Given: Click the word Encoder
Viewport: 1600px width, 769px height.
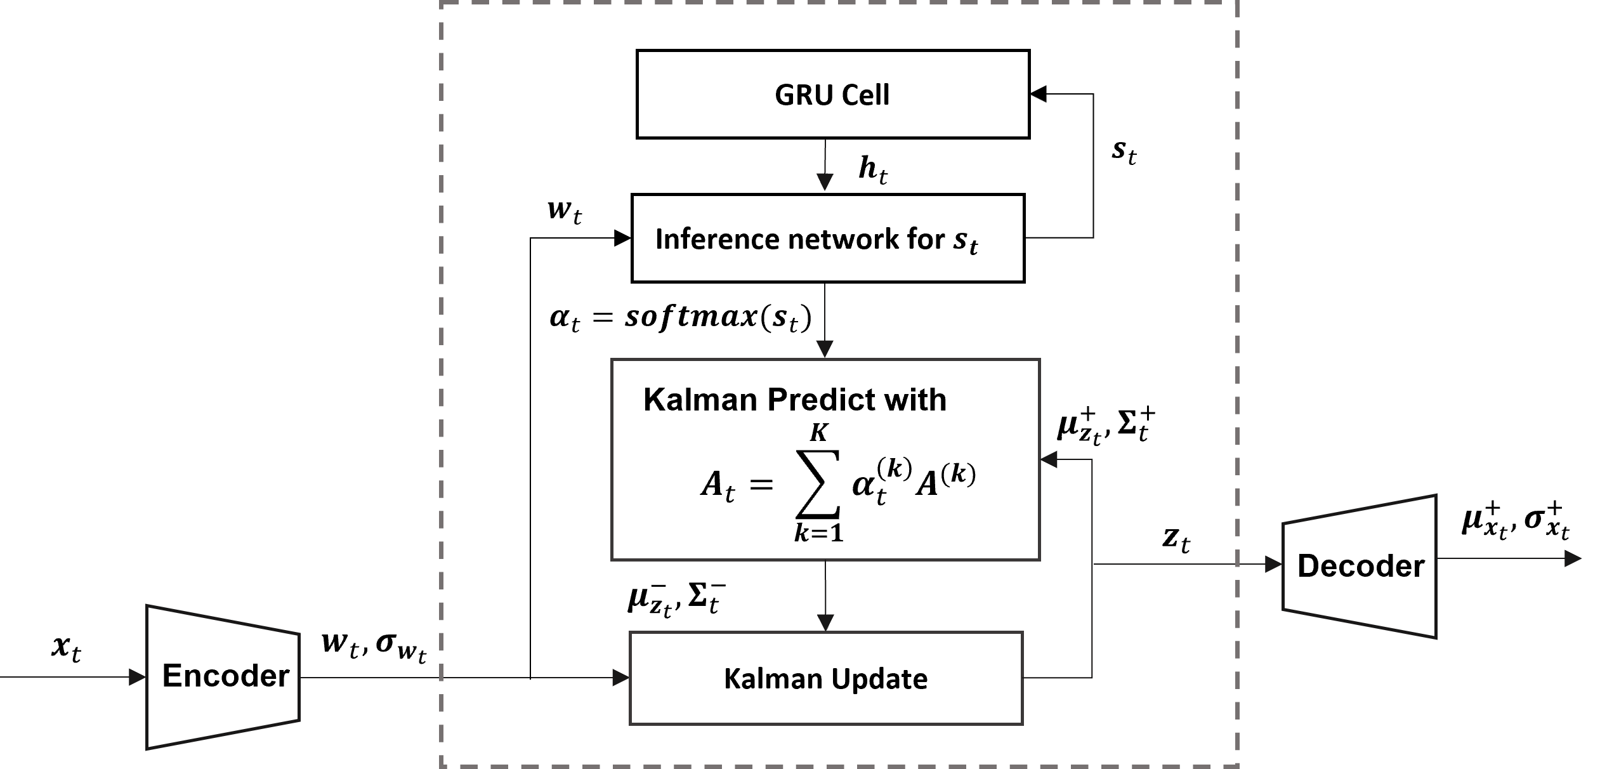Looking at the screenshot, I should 226,676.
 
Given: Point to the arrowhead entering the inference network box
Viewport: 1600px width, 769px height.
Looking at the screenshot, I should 825,183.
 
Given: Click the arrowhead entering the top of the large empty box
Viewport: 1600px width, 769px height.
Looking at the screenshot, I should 825,349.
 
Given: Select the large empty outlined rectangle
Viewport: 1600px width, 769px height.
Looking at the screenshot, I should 825,459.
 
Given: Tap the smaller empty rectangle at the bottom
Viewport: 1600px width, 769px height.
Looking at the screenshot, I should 826,678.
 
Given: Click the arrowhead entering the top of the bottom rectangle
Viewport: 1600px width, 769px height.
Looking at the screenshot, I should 825,622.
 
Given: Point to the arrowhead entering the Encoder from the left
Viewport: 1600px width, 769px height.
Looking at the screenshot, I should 138,677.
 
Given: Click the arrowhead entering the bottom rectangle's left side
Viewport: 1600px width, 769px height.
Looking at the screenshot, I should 620,678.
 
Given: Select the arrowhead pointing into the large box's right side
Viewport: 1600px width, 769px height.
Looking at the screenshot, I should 1049,460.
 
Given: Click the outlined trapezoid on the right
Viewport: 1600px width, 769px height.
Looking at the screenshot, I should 1359,566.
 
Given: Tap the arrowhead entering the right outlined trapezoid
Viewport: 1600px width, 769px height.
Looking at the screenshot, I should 1274,564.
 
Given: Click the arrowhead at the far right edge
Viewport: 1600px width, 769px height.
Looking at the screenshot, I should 1573,558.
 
